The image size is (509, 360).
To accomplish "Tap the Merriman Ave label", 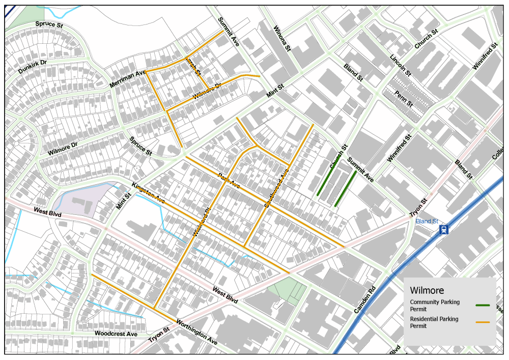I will tap(128, 79).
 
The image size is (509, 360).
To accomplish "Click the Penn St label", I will tap(404, 98).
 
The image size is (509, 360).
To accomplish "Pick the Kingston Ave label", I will tap(149, 195).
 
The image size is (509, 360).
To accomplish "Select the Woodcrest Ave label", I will tap(116, 334).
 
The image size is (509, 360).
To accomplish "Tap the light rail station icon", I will tap(445, 230).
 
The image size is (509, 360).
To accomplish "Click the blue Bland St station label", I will tap(427, 221).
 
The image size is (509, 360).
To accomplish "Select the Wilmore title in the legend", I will tap(427, 291).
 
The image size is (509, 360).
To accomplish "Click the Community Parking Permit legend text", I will tap(435, 306).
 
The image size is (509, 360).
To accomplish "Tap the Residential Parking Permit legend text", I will tap(434, 322).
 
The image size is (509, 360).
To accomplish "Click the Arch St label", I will tap(193, 66).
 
